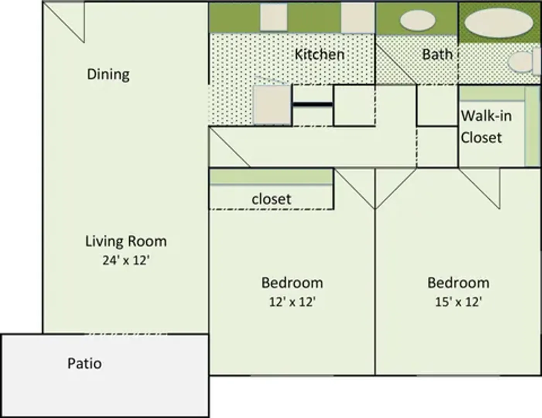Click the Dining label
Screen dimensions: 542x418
108,74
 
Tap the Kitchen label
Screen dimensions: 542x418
320,54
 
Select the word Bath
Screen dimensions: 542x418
437,54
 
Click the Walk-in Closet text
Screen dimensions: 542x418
486,127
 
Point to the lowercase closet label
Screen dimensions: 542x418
271,199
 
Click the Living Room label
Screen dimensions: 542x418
126,241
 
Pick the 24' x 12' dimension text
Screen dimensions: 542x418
126,260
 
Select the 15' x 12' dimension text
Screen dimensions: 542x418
458,302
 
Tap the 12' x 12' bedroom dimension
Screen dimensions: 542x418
292,302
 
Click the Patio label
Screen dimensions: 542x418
85,363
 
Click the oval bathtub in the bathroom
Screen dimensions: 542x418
499,23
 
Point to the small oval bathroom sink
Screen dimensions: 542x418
418,20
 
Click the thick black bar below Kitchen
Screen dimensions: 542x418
313,104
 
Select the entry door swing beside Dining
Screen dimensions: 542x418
64,22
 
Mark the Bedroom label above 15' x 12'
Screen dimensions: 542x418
458,283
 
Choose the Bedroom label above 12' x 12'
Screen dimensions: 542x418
292,283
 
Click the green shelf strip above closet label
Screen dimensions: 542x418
271,177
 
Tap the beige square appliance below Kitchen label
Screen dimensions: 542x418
272,104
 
